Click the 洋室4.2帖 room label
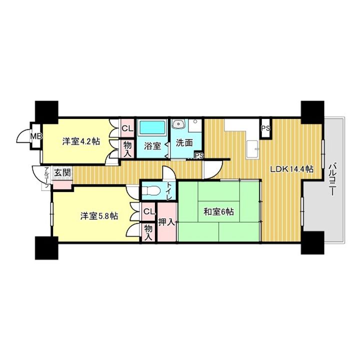[81, 141]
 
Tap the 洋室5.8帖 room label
[99, 216]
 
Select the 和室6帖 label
[219, 211]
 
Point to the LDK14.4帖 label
[292, 169]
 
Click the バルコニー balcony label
[332, 179]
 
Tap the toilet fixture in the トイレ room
[150, 190]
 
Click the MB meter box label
[36, 136]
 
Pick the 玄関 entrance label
[62, 172]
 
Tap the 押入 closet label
[167, 222]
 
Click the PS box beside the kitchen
[266, 128]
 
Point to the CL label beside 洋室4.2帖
[127, 128]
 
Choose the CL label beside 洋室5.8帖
[149, 211]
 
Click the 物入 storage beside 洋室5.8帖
[148, 232]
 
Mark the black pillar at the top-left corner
[46, 112]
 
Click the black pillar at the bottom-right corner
[312, 242]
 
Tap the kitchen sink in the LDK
[252, 149]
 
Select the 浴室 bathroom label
[152, 146]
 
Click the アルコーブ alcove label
[46, 177]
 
